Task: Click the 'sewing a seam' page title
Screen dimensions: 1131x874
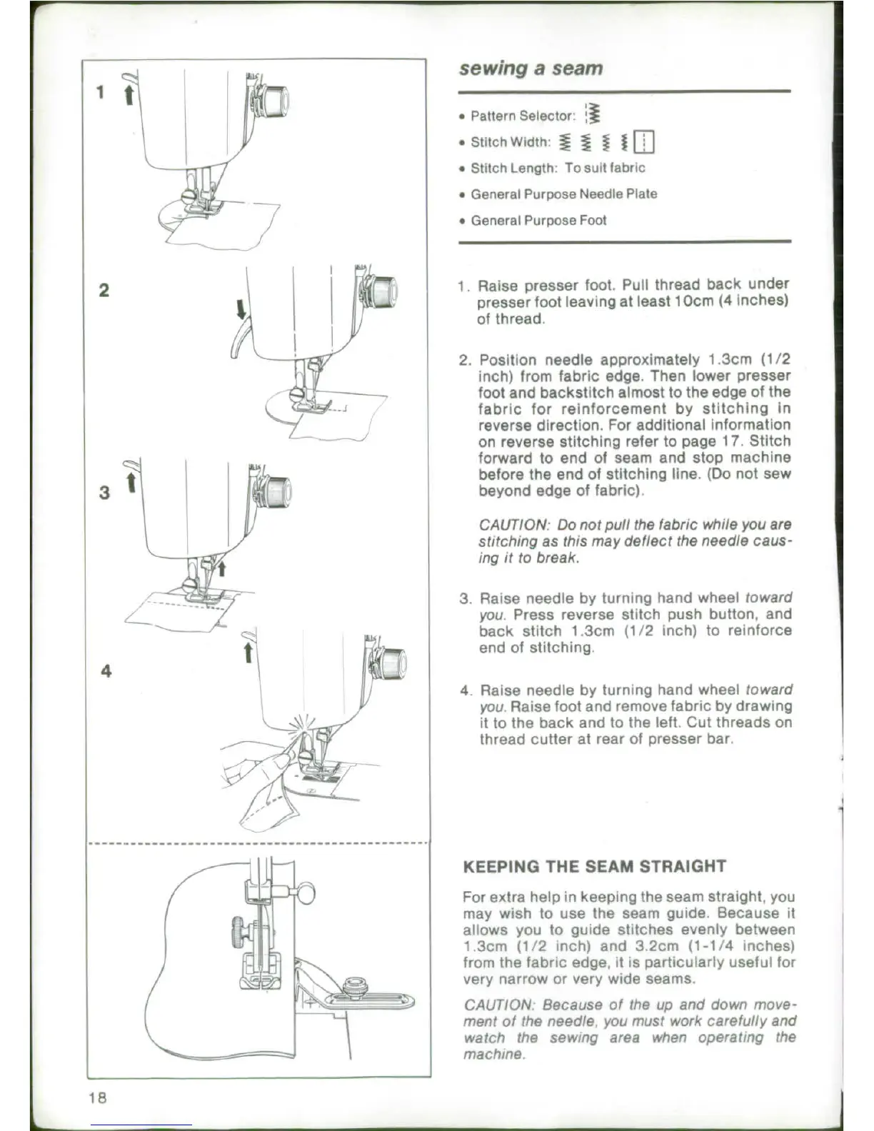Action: coord(531,69)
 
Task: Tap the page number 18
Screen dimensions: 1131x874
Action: coord(98,1097)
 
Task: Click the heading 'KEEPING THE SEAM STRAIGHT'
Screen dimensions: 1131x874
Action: coord(594,867)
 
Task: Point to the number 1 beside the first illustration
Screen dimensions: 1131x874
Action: coord(101,92)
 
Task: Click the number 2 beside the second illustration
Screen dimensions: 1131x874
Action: coord(104,290)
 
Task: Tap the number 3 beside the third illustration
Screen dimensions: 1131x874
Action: coord(104,492)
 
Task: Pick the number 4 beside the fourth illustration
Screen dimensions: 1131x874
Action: coord(106,671)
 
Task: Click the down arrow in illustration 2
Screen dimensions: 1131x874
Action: coord(241,308)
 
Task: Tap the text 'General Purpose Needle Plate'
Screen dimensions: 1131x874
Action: coord(563,194)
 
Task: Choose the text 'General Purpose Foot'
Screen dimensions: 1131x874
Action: coord(538,221)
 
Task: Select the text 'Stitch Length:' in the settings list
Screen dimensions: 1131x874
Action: coord(513,169)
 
